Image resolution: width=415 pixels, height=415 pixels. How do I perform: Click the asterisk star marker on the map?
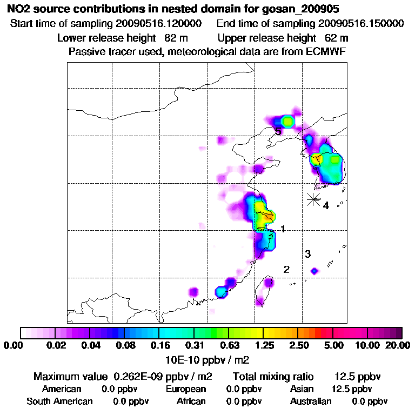click(313, 199)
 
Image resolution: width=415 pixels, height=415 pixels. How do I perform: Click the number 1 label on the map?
click(283, 229)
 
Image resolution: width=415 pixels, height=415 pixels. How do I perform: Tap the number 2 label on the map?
click(286, 269)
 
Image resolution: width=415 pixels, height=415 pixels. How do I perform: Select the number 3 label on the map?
click(307, 254)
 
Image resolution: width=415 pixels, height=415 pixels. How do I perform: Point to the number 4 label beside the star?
click(326, 205)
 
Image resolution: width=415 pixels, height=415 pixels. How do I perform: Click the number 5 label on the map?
click(278, 131)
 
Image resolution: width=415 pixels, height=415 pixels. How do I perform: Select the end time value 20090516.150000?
click(361, 24)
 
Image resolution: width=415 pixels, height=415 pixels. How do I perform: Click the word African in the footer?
click(191, 401)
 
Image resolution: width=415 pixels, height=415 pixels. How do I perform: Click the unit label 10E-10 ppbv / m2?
click(207, 359)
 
